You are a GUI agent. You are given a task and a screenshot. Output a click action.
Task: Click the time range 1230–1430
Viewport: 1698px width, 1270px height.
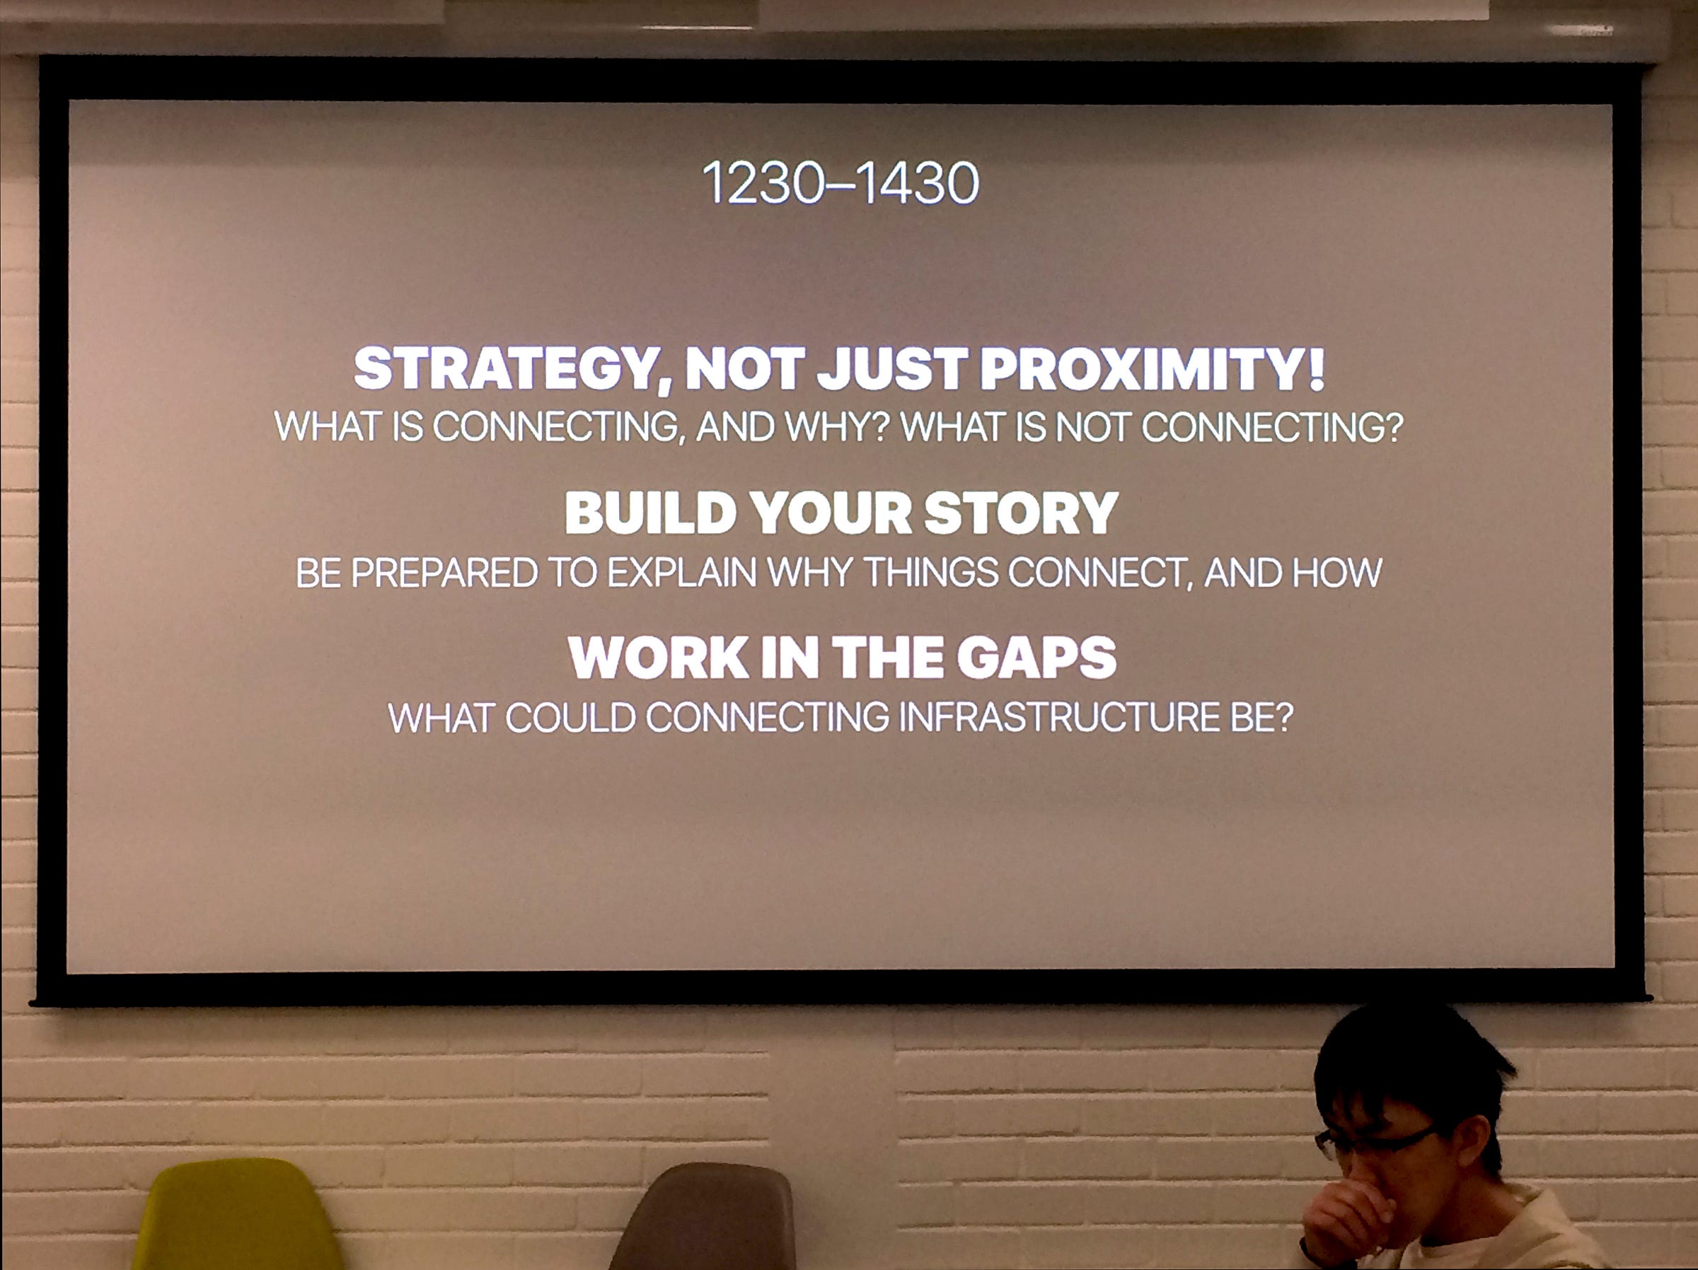[x=841, y=183]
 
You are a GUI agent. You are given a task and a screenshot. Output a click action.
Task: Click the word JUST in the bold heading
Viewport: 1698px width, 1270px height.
[x=891, y=368]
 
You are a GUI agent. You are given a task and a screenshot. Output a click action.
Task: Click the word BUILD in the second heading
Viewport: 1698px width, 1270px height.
[x=651, y=513]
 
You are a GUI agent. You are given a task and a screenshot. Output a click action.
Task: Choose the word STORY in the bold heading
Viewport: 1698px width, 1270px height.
[x=1021, y=513]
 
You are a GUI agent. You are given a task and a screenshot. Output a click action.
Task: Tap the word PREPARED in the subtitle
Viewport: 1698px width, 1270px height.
[x=444, y=573]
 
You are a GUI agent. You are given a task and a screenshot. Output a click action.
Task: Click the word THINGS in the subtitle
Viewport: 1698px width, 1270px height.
[x=931, y=573]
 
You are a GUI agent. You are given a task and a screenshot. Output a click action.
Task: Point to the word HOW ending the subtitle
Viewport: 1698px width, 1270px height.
[x=1337, y=573]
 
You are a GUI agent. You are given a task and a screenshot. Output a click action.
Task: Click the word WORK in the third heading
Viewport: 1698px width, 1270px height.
[x=659, y=658]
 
